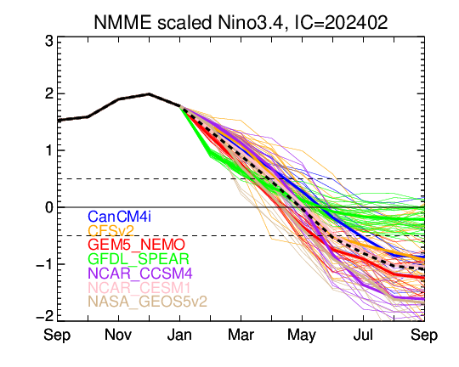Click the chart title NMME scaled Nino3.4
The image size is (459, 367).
pyautogui.click(x=189, y=23)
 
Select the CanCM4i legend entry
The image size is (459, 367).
pyautogui.click(x=120, y=217)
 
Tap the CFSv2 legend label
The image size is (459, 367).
pyautogui.click(x=111, y=231)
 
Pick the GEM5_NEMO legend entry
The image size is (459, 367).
pyautogui.click(x=136, y=245)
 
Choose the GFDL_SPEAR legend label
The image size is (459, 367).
pyautogui.click(x=139, y=259)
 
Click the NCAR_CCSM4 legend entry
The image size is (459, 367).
pyautogui.click(x=140, y=274)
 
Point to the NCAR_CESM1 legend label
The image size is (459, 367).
pyautogui.click(x=139, y=287)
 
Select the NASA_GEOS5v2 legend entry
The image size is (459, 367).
pyautogui.click(x=148, y=302)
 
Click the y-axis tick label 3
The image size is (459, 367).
pyautogui.click(x=49, y=42)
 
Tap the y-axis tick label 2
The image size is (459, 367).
pyautogui.click(x=49, y=94)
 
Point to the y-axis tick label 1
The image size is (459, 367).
pyautogui.click(x=49, y=151)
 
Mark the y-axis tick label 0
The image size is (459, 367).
pyautogui.click(x=49, y=207)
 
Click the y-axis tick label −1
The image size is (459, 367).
pyautogui.click(x=45, y=264)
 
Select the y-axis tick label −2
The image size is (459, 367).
pyautogui.click(x=45, y=316)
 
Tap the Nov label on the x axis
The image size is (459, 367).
pyautogui.click(x=118, y=335)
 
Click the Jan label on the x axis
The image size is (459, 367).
pyautogui.click(x=179, y=335)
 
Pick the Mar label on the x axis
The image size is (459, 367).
pyautogui.click(x=241, y=335)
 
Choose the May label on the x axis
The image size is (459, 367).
pyautogui.click(x=302, y=336)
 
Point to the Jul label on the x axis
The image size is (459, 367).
pyautogui.click(x=363, y=335)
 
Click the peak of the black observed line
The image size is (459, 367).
pyautogui.click(x=149, y=93)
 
